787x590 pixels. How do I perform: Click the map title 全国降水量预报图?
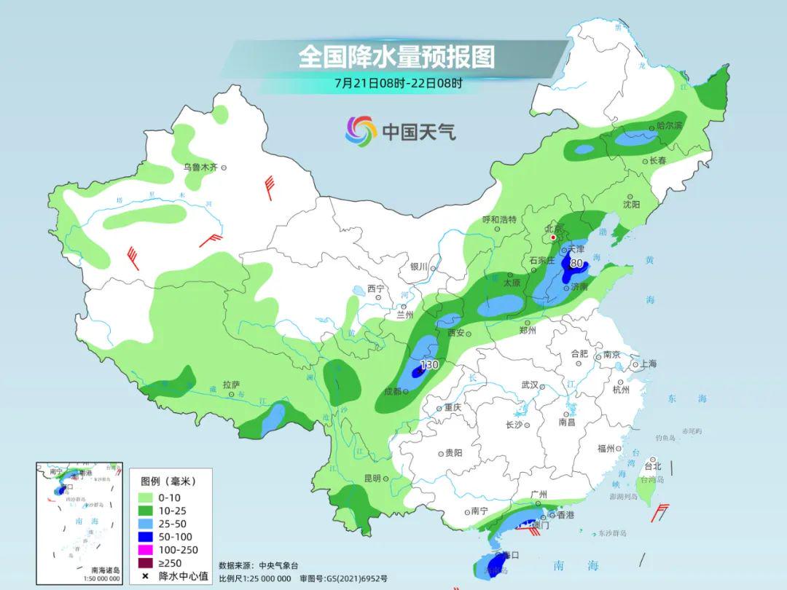pyautogui.click(x=396, y=57)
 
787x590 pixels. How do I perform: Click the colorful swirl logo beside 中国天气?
pyautogui.click(x=360, y=131)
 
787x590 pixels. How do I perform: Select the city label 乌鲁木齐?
pyautogui.click(x=200, y=168)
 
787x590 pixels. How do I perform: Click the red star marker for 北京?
pyautogui.click(x=553, y=237)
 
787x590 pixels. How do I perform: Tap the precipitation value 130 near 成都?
pyautogui.click(x=429, y=364)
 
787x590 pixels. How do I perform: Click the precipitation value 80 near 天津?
pyautogui.click(x=576, y=264)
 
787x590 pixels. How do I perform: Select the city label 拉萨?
pyautogui.click(x=232, y=385)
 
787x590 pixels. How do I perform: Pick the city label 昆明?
pyautogui.click(x=372, y=479)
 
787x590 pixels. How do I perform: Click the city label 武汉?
pyautogui.click(x=529, y=385)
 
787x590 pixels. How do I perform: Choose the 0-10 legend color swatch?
pyautogui.click(x=145, y=497)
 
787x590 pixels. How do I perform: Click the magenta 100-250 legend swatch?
pyautogui.click(x=145, y=550)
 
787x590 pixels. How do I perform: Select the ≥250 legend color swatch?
pyautogui.click(x=145, y=563)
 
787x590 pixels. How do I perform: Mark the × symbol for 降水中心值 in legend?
pyautogui.click(x=145, y=576)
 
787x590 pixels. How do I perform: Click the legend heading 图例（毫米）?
pyautogui.click(x=168, y=481)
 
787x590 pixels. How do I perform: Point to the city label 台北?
pyautogui.click(x=653, y=466)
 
